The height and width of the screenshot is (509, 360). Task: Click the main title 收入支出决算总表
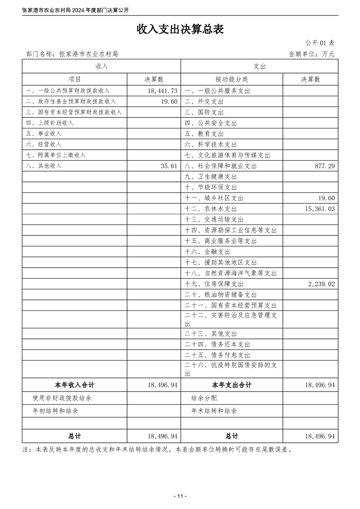point(180,29)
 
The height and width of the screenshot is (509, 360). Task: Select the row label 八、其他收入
point(44,166)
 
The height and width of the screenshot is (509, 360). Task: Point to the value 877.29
point(325,166)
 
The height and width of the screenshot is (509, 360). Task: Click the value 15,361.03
point(318,209)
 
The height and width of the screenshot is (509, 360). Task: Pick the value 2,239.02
point(320,284)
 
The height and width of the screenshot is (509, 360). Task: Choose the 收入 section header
point(101,66)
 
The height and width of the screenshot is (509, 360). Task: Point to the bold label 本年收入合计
point(74,385)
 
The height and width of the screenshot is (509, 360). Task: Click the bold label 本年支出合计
point(232,385)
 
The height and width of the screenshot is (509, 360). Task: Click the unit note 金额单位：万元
point(311,54)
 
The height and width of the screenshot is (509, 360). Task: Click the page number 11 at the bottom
point(180,496)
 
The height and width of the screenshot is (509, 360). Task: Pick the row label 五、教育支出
point(204,134)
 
